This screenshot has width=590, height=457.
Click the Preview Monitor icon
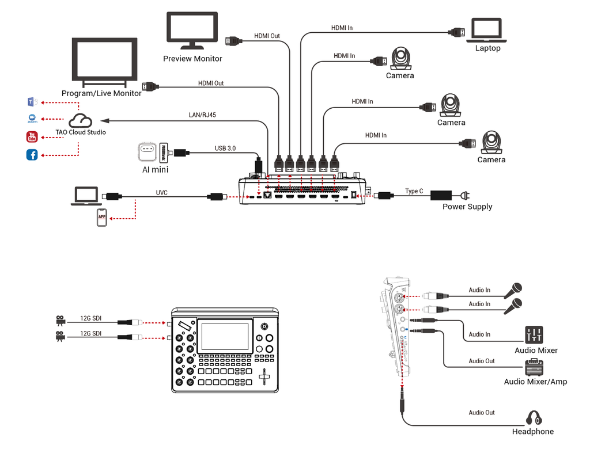[x=192, y=31]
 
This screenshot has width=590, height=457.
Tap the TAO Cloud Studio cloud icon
[x=81, y=120]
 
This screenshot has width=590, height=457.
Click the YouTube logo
[x=32, y=137]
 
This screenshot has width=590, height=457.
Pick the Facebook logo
[x=32, y=155]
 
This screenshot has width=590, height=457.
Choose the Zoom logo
[x=32, y=119]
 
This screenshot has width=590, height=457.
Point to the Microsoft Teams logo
[x=32, y=102]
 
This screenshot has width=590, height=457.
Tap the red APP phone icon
[x=101, y=218]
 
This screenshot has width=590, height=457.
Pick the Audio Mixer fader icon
[x=534, y=335]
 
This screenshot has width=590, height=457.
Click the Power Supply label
[x=467, y=207]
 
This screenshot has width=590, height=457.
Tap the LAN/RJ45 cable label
[x=202, y=115]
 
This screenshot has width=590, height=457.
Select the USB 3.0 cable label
[x=225, y=148]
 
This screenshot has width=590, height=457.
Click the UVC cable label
[x=161, y=193]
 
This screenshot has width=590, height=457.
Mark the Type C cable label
[x=414, y=191]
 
